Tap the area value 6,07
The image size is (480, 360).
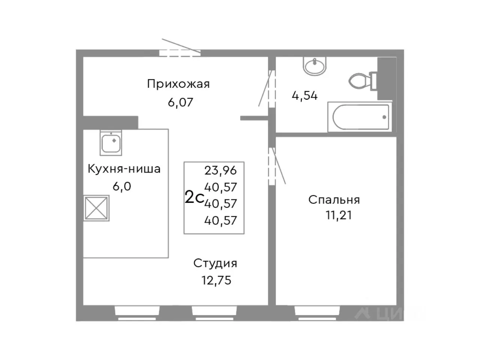click(180, 102)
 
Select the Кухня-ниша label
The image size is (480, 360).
click(124, 169)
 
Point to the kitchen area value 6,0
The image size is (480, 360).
click(122, 186)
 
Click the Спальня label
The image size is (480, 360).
click(334, 199)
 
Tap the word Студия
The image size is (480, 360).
click(215, 263)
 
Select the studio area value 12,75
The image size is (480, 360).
click(216, 280)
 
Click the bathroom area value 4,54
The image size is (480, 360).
click(304, 96)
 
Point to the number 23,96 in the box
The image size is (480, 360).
click(220, 171)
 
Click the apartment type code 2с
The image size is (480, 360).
click(194, 197)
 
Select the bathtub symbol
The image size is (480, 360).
click(360, 117)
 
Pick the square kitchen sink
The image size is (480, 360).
click(111, 143)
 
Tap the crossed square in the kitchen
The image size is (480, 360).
click(96, 208)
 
